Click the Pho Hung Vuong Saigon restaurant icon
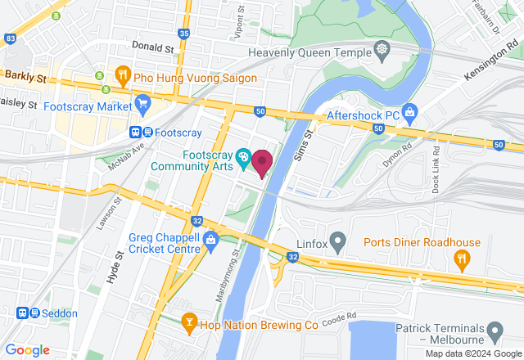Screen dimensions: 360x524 (x=123, y=76)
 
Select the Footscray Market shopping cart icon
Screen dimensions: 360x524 (x=143, y=105)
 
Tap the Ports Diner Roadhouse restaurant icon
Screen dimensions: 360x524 (x=460, y=261)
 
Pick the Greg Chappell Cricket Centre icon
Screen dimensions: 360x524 (x=210, y=240)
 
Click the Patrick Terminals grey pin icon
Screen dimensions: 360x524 (x=494, y=331)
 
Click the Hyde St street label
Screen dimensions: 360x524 (x=113, y=267)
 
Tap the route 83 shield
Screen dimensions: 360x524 (x=10, y=38)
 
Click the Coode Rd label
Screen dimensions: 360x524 (x=340, y=317)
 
